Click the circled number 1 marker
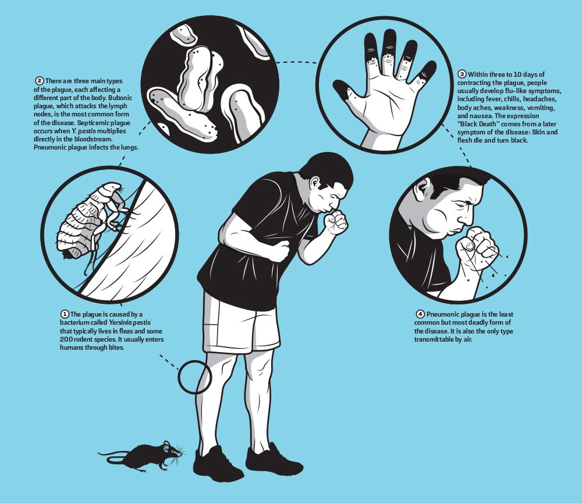65,315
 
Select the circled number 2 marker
40,81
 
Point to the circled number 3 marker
462,74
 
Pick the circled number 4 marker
420,315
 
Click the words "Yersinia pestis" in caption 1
130,323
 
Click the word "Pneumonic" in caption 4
442,315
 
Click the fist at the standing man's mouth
335,223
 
